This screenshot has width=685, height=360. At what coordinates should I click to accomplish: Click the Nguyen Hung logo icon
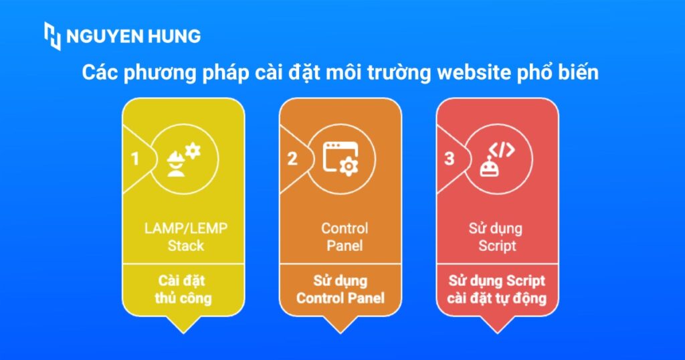pyautogui.click(x=52, y=36)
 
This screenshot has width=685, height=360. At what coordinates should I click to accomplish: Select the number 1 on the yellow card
pyautogui.click(x=135, y=159)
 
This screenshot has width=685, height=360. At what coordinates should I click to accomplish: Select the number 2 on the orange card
pyautogui.click(x=292, y=159)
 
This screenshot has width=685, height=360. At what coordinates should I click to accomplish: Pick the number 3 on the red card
pyautogui.click(x=450, y=159)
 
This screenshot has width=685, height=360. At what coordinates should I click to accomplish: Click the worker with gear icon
pyautogui.click(x=183, y=159)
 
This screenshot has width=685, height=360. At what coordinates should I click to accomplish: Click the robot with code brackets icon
pyautogui.click(x=498, y=159)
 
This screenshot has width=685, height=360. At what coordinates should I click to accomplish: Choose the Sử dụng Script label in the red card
pyautogui.click(x=496, y=237)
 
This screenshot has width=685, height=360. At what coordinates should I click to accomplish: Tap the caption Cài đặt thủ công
pyautogui.click(x=183, y=289)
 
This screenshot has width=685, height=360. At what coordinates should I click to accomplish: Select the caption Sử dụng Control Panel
pyautogui.click(x=340, y=289)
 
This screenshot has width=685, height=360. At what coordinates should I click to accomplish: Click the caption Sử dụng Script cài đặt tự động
pyautogui.click(x=497, y=289)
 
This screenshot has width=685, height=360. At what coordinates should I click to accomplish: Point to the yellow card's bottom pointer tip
pyautogui.click(x=183, y=331)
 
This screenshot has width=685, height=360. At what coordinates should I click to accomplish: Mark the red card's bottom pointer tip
pyautogui.click(x=497, y=331)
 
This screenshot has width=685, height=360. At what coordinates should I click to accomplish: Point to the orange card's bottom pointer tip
pyautogui.click(x=340, y=331)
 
